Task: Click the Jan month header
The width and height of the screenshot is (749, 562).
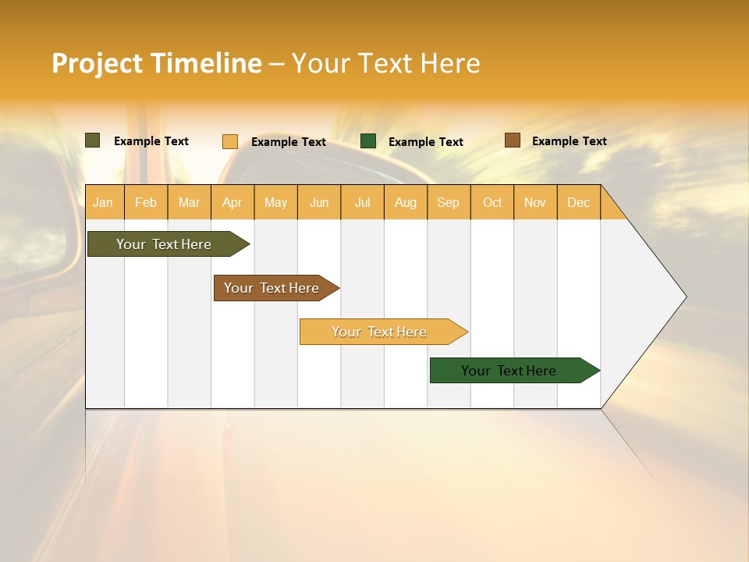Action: (x=103, y=202)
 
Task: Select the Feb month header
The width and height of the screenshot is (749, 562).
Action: (x=146, y=202)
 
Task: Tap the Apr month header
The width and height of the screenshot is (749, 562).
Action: (x=233, y=202)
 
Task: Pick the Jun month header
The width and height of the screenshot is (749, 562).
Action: (x=319, y=202)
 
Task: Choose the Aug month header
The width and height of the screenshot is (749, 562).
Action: (x=406, y=202)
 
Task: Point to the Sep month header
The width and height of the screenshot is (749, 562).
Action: (x=448, y=202)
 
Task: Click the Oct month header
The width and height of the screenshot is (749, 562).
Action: (x=492, y=202)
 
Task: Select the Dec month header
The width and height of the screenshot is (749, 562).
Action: (x=578, y=202)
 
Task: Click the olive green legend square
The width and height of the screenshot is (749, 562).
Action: (x=92, y=140)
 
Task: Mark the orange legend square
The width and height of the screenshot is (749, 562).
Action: (x=230, y=141)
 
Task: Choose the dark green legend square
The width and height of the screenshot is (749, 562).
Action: (x=368, y=141)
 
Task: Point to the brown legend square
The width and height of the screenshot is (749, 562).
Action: (x=512, y=140)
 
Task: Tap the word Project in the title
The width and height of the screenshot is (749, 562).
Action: (x=98, y=63)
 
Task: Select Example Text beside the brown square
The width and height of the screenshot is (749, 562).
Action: (x=569, y=141)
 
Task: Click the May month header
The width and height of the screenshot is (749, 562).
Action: (x=275, y=202)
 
